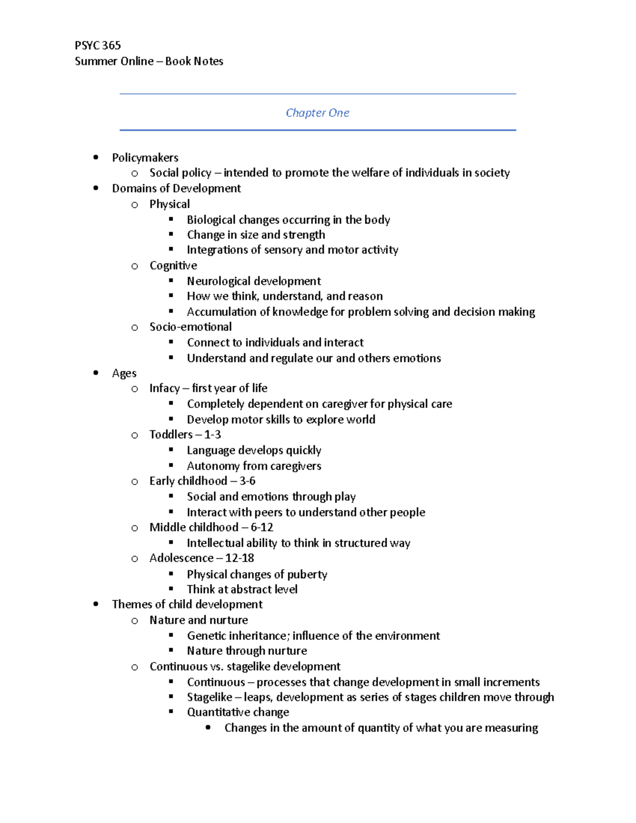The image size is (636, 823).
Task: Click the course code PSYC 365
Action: tap(98, 46)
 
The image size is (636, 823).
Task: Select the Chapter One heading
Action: tap(317, 113)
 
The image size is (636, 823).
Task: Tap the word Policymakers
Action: tap(145, 158)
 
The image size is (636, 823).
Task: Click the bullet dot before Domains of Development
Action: tap(95, 188)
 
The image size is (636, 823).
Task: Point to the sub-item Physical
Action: tap(169, 204)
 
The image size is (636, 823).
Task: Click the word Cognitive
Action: tap(173, 266)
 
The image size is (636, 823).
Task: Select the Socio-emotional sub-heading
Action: tap(190, 327)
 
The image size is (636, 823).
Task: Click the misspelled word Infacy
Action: tap(164, 388)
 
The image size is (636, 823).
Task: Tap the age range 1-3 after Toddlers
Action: tap(212, 435)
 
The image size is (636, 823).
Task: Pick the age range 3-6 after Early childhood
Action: tap(247, 481)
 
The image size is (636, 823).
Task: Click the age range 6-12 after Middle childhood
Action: tap(262, 527)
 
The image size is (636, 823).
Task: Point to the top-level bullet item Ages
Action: tap(124, 374)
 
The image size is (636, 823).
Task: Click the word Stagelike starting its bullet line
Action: tap(209, 697)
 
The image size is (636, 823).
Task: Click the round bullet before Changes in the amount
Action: tap(208, 728)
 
